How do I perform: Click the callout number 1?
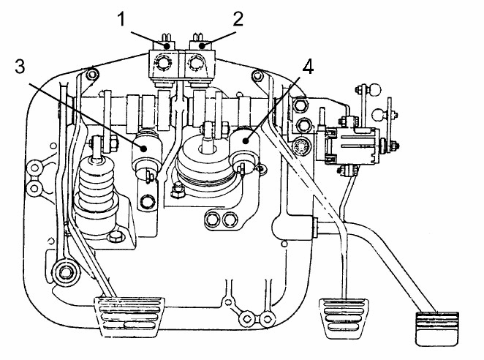(x=121, y=18)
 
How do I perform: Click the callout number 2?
(x=238, y=18)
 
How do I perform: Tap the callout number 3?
(x=20, y=67)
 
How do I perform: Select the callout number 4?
(x=308, y=67)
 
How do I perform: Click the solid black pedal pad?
(x=437, y=329)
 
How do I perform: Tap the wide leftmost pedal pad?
(x=129, y=316)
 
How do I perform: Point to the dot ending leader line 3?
(x=143, y=149)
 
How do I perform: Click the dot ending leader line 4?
(x=246, y=141)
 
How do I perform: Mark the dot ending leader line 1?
(x=167, y=46)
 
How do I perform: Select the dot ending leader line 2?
(x=203, y=46)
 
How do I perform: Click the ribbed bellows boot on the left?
(x=97, y=192)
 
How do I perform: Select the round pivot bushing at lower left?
(x=66, y=272)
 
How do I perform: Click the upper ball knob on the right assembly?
(x=375, y=90)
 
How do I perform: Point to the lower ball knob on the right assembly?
(x=379, y=115)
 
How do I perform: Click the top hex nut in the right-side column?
(x=299, y=105)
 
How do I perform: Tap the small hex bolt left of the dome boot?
(x=178, y=190)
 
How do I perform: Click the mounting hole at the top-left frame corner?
(x=92, y=74)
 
